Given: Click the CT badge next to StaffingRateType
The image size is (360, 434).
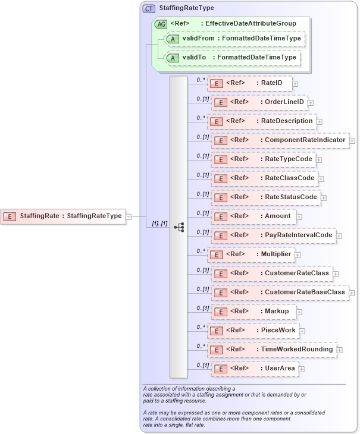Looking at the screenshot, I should pyautogui.click(x=149, y=8).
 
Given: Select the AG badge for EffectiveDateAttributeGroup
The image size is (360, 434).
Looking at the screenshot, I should pyautogui.click(x=161, y=24).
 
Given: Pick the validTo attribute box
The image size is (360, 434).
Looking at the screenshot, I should pyautogui.click(x=232, y=58).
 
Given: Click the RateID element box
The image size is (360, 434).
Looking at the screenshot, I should pyautogui.click(x=249, y=83).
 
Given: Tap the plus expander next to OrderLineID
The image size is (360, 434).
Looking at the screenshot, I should pyautogui.click(x=311, y=103).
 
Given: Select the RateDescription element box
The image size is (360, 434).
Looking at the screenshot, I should pyautogui.click(x=261, y=121).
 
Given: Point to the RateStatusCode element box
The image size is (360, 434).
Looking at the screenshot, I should pyautogui.click(x=265, y=197).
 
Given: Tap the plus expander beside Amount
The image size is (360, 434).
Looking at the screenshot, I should pyautogui.click(x=299, y=217).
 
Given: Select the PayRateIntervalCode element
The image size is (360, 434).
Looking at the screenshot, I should pyautogui.click(x=273, y=235).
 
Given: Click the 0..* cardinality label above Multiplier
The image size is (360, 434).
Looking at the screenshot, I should pyautogui.click(x=201, y=250).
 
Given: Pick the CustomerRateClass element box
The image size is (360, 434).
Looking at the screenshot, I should pyautogui.click(x=271, y=273).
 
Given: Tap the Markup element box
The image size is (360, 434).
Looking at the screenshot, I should pyautogui.click(x=253, y=312).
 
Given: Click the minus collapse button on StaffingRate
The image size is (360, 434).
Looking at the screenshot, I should pyautogui.click(x=129, y=216).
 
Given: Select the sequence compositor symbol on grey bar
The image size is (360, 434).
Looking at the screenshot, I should pyautogui.click(x=179, y=227).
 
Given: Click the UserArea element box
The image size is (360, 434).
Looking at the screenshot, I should pyautogui.click(x=254, y=369).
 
